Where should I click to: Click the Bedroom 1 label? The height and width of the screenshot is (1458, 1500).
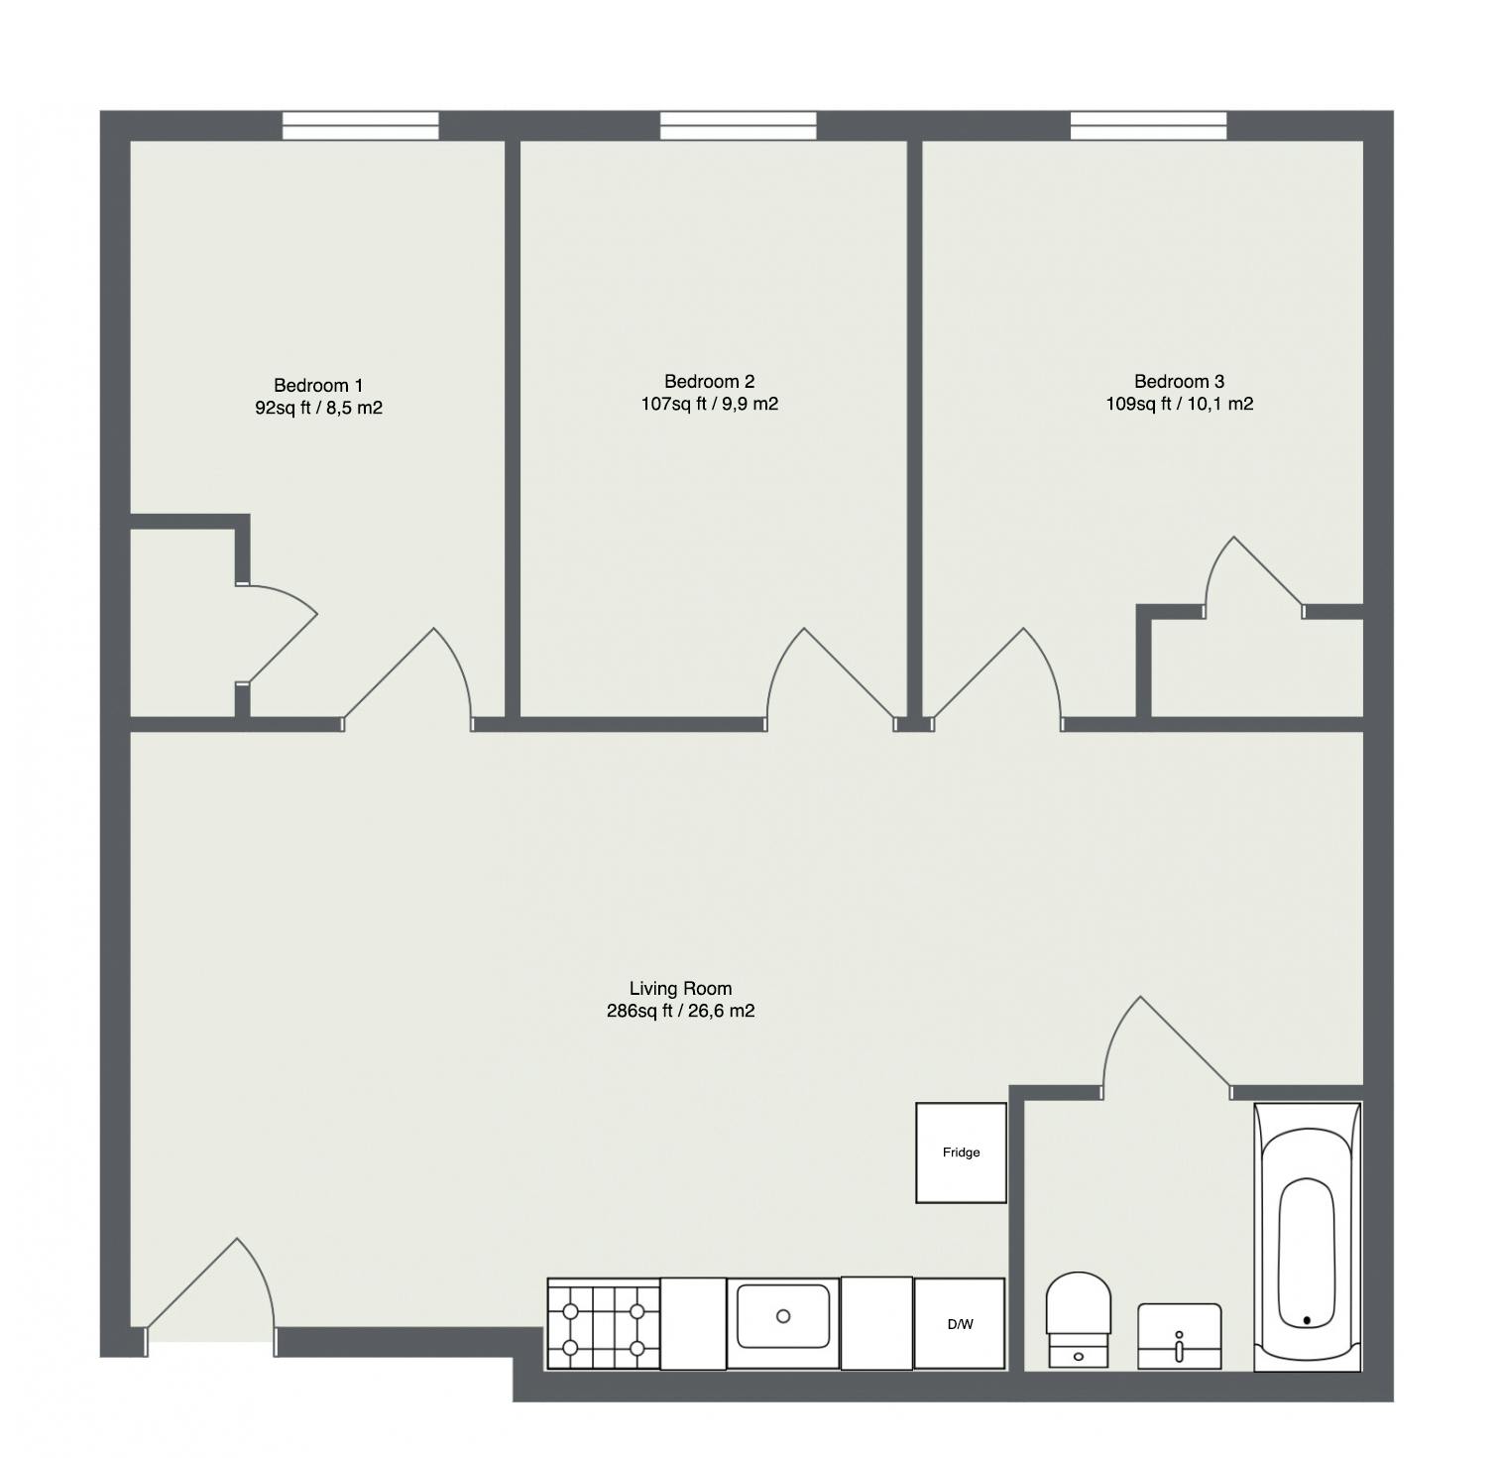tap(318, 386)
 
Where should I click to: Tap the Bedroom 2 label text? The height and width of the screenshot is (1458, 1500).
tap(709, 382)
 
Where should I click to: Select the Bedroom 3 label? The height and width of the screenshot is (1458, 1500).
tap(1179, 382)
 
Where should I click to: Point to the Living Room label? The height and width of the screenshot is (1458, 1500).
tap(680, 989)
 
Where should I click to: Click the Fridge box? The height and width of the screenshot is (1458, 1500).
tap(961, 1153)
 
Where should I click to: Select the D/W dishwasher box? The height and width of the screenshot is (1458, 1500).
tap(959, 1324)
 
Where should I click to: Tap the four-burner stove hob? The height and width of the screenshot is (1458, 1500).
tap(604, 1324)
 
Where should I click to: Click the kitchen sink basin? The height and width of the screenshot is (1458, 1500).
tap(783, 1316)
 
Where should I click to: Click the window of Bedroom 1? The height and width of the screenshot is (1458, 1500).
tap(360, 126)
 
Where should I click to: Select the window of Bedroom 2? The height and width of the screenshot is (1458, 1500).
tap(739, 126)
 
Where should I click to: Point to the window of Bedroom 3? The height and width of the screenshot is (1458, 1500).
tap(1148, 126)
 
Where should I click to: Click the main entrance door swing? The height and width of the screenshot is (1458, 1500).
tap(218, 1289)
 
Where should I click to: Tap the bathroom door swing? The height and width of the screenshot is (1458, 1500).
tap(1160, 1046)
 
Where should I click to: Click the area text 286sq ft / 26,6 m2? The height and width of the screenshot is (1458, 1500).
tap(680, 1012)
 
